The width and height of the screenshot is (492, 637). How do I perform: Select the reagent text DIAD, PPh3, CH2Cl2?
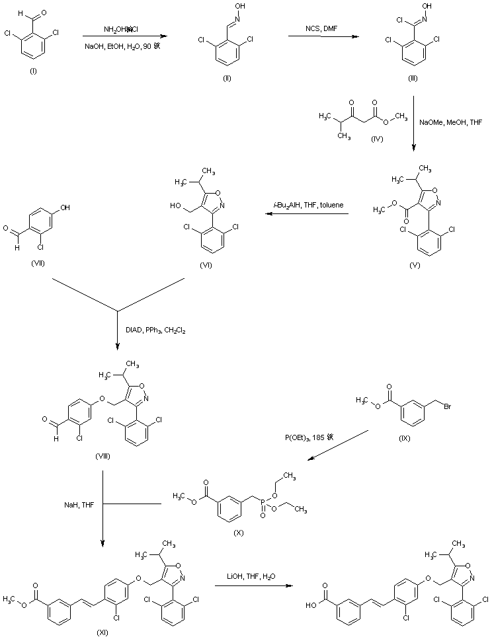[156, 329]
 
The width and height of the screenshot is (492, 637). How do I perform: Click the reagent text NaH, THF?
[67, 505]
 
